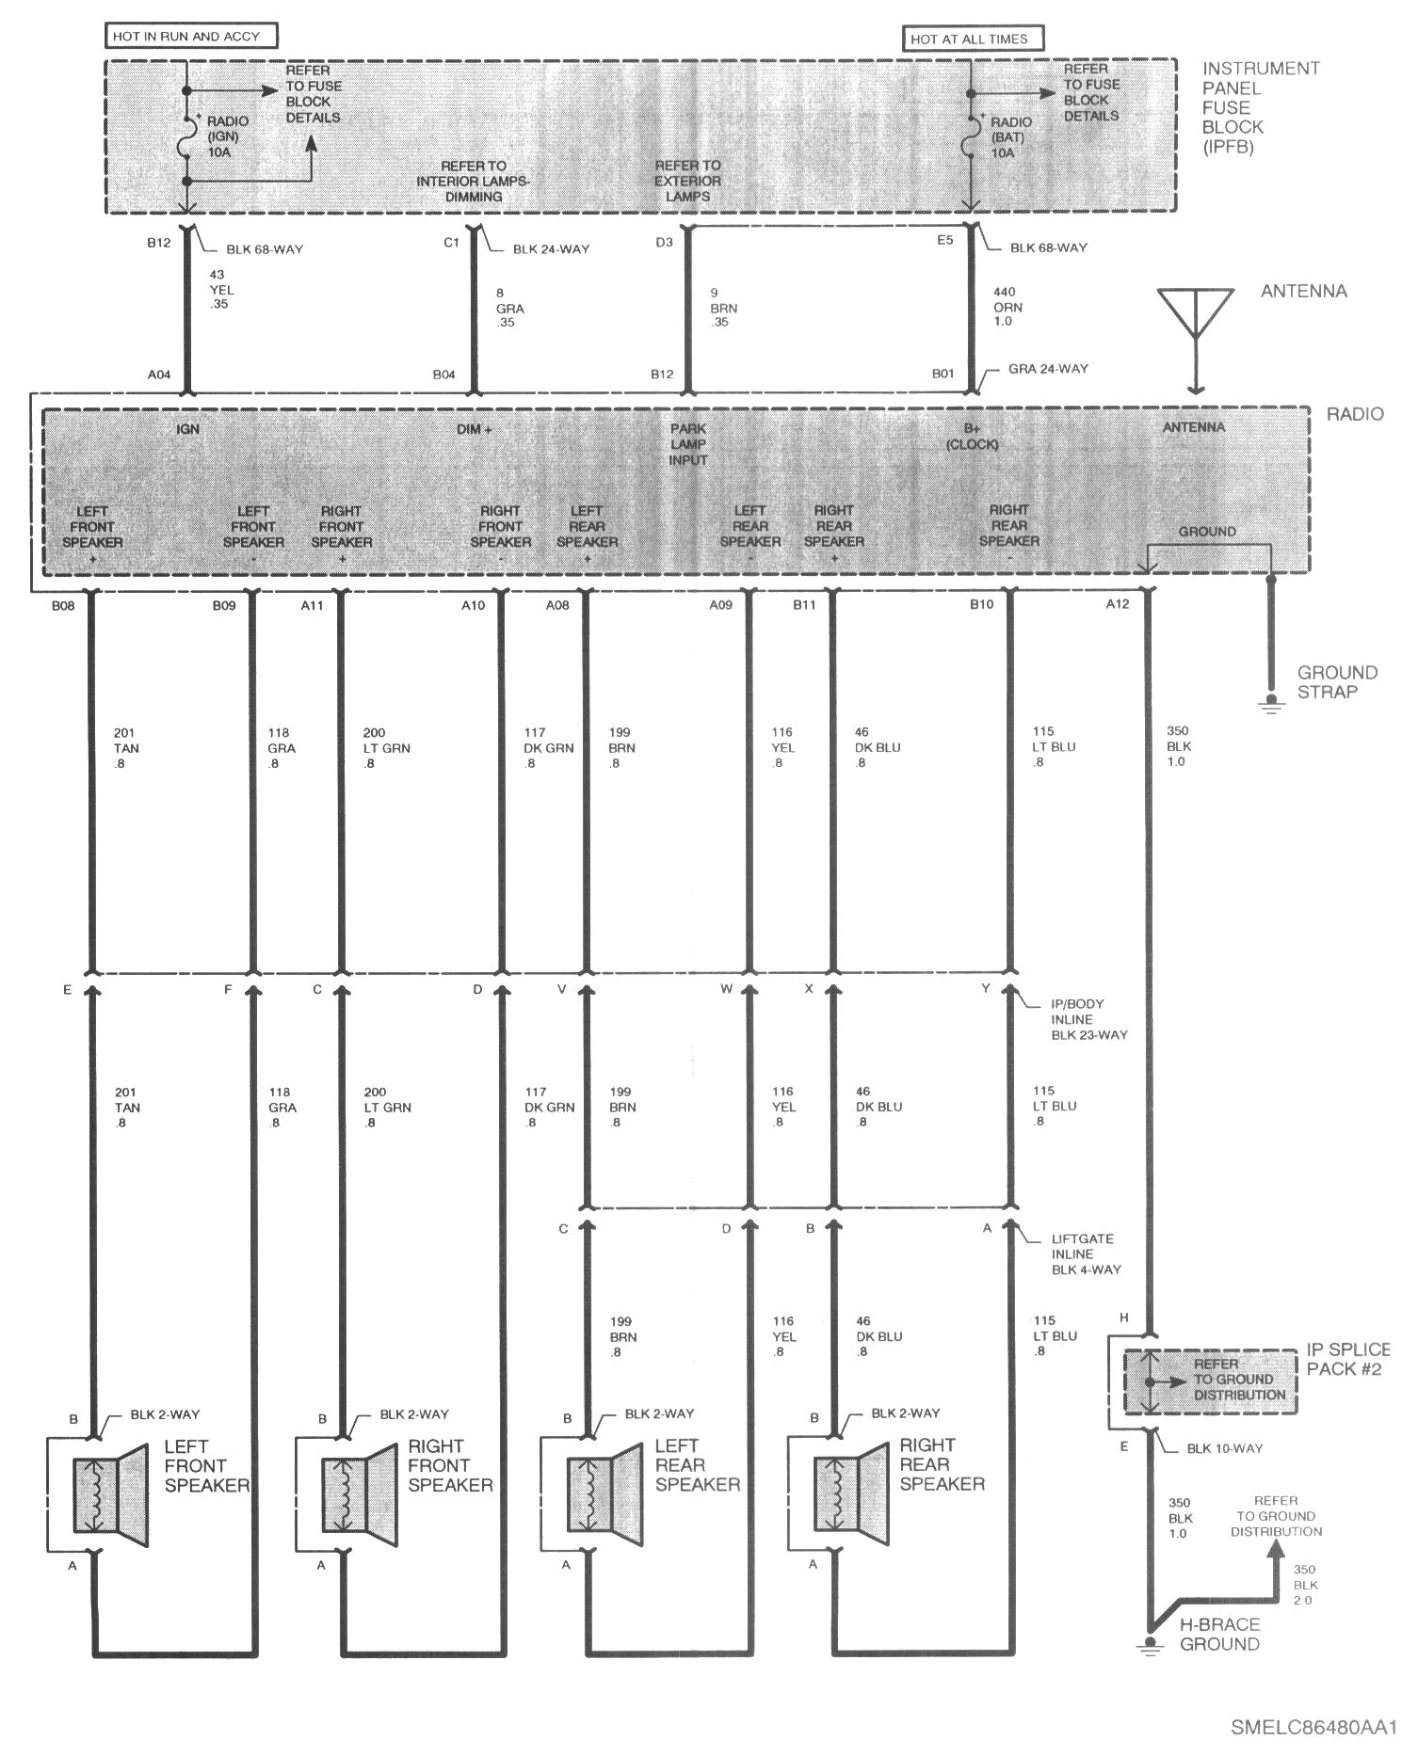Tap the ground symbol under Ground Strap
coord(1271,705)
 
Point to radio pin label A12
coord(1117,604)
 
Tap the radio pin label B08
coord(64,605)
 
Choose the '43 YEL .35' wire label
coord(220,290)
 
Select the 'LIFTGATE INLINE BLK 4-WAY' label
coord(1087,1253)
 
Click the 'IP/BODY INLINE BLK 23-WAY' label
coord(1089,1019)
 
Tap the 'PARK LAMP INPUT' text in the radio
coord(688,444)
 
